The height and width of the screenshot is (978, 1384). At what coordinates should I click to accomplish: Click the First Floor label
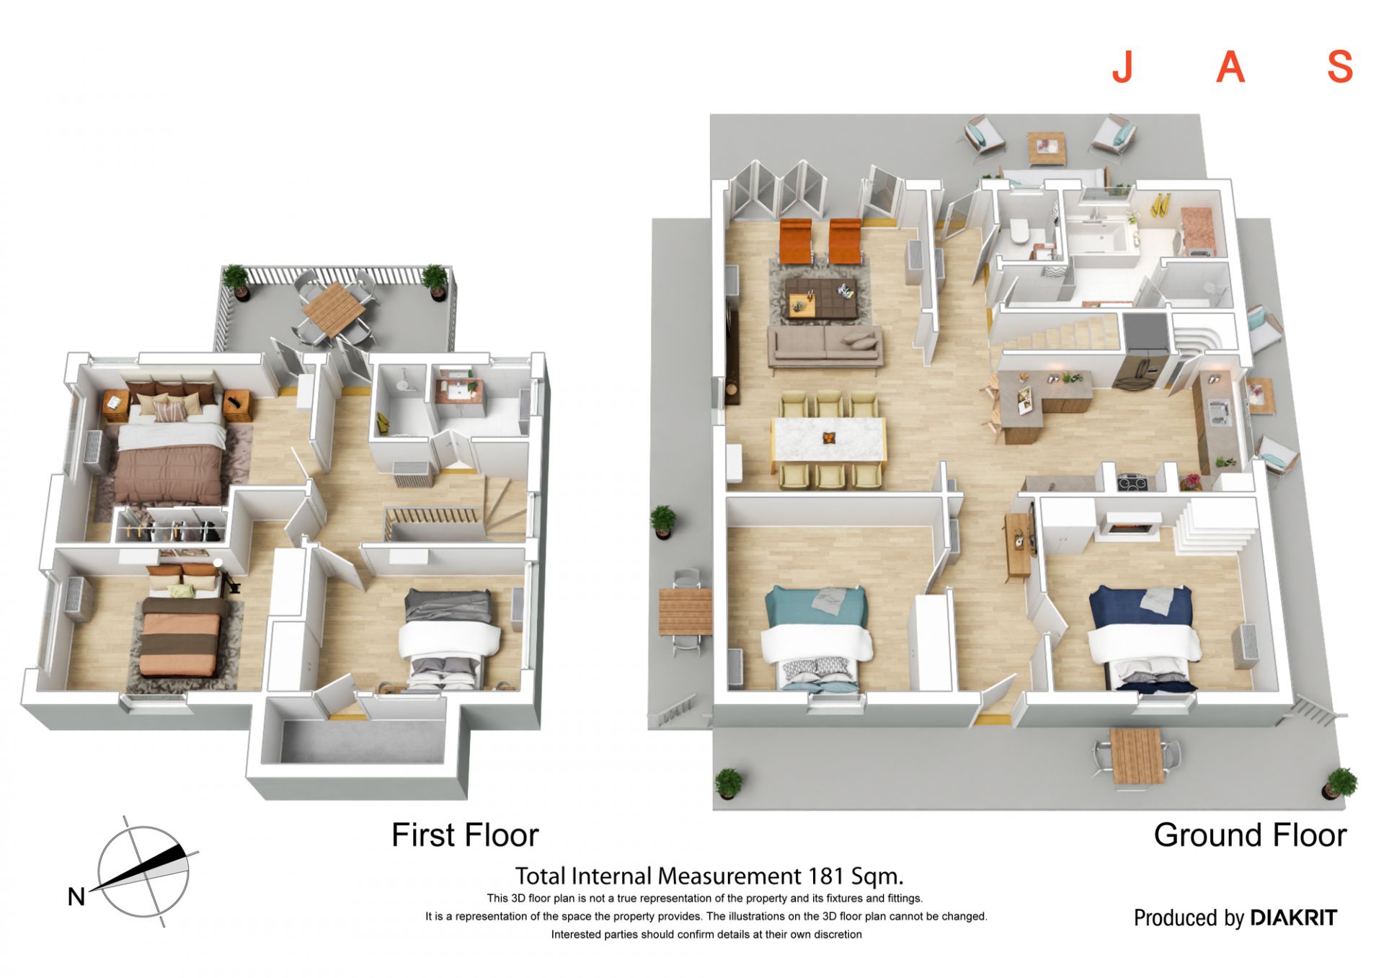(x=465, y=835)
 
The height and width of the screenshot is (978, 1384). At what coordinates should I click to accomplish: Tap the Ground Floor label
(x=1250, y=835)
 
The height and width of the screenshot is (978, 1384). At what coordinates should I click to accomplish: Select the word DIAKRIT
(x=1294, y=917)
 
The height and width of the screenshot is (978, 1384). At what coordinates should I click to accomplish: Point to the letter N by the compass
(x=76, y=897)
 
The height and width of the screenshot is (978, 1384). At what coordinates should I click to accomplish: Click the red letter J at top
(x=1122, y=68)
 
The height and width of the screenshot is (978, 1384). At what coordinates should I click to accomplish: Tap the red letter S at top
(x=1340, y=68)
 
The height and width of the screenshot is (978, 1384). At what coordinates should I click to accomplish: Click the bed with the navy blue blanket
(x=1143, y=639)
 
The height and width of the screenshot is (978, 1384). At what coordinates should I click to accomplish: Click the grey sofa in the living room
(x=825, y=347)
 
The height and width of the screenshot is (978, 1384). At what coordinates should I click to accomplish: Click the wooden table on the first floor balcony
(x=334, y=308)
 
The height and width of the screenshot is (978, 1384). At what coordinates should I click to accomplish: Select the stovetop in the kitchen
(x=1134, y=481)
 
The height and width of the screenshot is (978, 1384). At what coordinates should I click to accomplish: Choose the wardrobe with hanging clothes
(x=171, y=525)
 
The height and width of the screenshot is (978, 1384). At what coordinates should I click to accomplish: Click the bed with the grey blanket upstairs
(x=449, y=638)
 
